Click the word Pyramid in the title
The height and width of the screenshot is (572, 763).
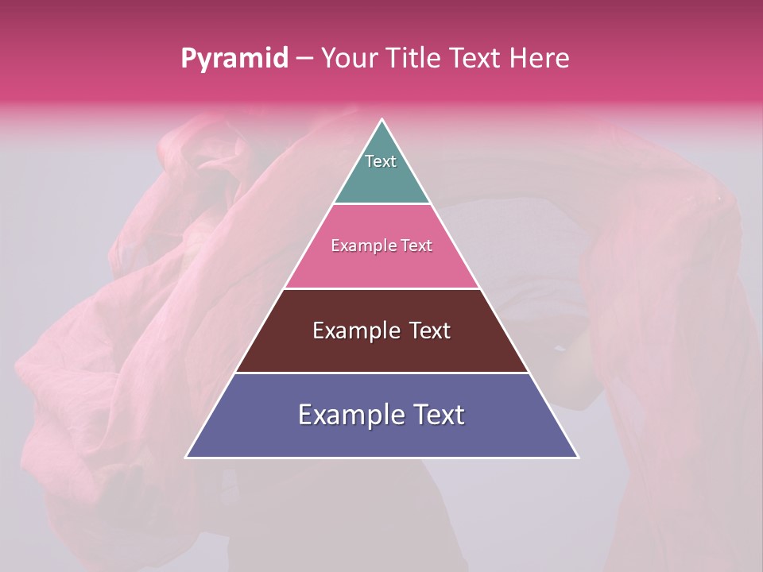(234, 59)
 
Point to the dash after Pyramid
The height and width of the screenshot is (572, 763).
(304, 59)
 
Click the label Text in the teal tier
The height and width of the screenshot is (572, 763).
(381, 161)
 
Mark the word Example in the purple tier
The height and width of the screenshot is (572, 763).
(343, 415)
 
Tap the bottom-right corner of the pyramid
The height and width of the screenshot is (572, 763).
(577, 457)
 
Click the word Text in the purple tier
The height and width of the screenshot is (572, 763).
(436, 415)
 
